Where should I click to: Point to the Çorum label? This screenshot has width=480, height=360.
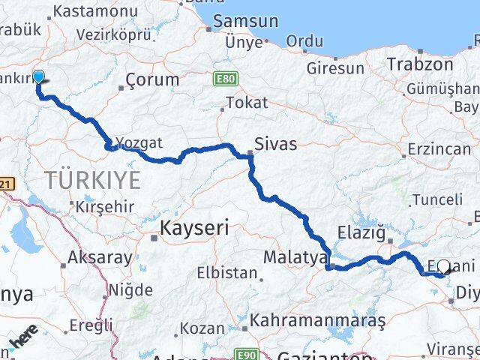click(x=152, y=79)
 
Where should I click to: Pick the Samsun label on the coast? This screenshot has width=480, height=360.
click(x=245, y=22)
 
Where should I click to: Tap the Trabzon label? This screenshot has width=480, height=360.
click(x=421, y=64)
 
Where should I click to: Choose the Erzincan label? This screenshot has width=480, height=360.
click(x=439, y=148)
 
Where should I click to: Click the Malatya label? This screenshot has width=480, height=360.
click(x=292, y=258)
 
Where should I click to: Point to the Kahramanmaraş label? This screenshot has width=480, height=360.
click(x=317, y=320)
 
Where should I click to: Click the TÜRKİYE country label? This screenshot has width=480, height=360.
click(x=92, y=180)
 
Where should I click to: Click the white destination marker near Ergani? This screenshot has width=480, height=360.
click(x=444, y=266)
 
